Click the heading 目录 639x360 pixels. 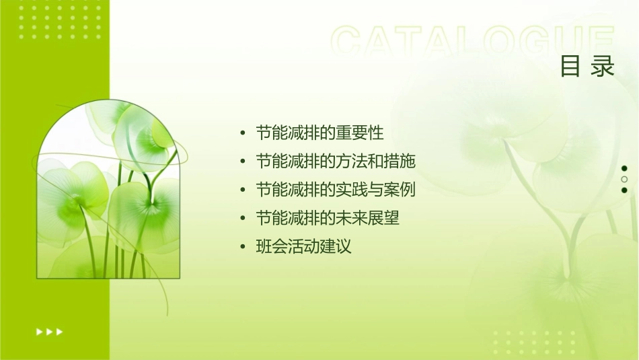(x=588, y=66)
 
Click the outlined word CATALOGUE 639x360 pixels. (x=473, y=42)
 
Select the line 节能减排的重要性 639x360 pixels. (x=319, y=133)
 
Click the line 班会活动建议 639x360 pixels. (x=303, y=246)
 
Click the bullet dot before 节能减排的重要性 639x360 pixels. (x=243, y=133)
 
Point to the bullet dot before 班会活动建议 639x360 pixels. (x=243, y=247)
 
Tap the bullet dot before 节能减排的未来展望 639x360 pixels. (x=243, y=219)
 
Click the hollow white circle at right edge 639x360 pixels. (x=624, y=179)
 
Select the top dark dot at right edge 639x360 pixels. (x=624, y=168)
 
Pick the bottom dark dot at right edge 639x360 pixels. (x=624, y=190)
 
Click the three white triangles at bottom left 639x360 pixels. (x=49, y=331)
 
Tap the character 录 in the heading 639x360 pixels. (x=603, y=66)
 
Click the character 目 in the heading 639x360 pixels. (x=571, y=66)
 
